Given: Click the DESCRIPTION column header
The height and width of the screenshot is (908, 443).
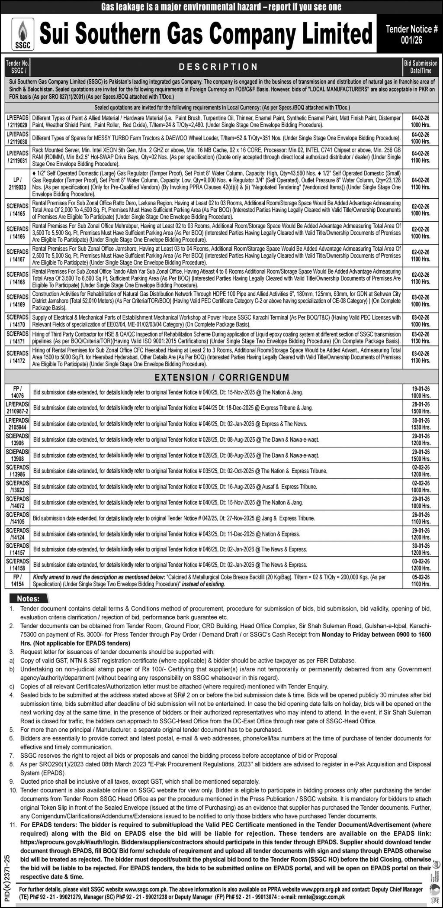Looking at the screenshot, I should [x=218, y=67].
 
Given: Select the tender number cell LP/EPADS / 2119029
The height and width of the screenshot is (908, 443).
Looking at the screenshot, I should [x=18, y=121].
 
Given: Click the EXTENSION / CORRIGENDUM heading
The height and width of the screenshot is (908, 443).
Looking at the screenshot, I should [x=221, y=377].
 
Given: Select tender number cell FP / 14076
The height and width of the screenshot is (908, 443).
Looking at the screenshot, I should [x=18, y=392].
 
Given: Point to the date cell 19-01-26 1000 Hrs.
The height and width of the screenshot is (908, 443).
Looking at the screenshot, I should [x=421, y=392].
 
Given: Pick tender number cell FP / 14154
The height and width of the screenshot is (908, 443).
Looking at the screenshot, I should [x=18, y=581].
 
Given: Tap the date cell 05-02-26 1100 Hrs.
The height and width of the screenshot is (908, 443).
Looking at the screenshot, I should [x=421, y=581].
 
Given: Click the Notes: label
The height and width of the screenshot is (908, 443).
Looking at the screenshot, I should [x=28, y=599].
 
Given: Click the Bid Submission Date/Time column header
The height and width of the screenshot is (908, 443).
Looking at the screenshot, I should [x=421, y=67].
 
